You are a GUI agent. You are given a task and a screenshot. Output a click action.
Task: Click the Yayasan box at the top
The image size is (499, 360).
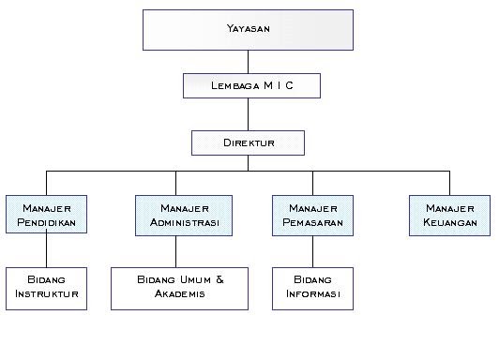point(249,29)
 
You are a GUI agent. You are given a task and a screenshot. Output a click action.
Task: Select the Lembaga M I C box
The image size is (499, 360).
point(252,86)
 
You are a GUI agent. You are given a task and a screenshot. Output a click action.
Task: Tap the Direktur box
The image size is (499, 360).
point(249,142)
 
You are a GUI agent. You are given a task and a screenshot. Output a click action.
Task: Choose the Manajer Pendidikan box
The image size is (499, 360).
point(46,215)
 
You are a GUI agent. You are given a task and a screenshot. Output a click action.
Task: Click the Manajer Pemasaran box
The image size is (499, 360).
point(312,215)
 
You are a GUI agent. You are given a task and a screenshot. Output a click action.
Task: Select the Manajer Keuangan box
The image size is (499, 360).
point(449,215)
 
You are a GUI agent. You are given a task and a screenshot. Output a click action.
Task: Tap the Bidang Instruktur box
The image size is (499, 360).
point(46,288)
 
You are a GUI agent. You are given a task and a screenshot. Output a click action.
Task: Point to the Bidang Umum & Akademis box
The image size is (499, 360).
point(181,288)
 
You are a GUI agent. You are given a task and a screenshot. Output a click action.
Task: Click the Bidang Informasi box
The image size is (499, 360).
point(312,288)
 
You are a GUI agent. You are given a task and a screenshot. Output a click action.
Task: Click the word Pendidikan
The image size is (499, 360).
point(46,223)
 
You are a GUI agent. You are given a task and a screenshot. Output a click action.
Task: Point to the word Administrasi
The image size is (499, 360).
point(184,223)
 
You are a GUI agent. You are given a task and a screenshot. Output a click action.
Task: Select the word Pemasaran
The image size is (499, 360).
point(312,223)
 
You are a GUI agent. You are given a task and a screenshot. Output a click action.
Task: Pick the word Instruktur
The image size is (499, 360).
point(46,294)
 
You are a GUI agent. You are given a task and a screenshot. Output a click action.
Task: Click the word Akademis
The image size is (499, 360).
point(181,294)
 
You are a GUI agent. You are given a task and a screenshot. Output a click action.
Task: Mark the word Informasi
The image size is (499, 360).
point(312,294)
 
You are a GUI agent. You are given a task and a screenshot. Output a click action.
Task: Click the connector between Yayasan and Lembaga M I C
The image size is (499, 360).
point(249,62)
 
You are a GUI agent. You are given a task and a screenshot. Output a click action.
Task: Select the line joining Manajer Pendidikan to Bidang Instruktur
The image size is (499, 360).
point(46,251)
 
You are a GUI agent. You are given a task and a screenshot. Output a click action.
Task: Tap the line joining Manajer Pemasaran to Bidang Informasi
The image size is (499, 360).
point(312,251)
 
